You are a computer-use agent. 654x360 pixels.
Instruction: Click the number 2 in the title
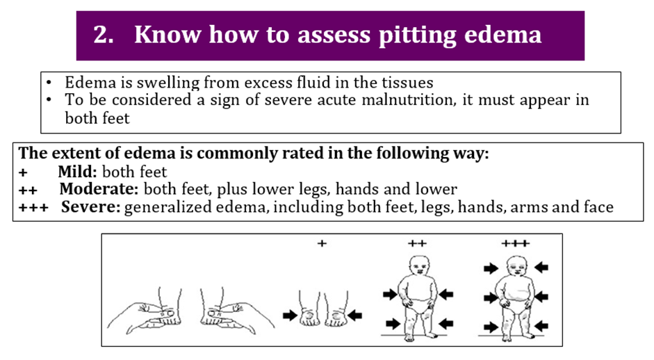tap(103, 35)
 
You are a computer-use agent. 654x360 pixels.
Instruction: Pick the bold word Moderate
tap(99, 189)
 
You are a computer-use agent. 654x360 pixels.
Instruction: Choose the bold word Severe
tap(91, 207)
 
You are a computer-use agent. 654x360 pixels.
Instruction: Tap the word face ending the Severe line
tap(598, 207)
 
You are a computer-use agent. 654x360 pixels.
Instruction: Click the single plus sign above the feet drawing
tap(322, 243)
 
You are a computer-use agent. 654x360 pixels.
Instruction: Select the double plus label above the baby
tap(417, 243)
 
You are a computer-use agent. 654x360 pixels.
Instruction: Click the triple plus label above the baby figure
tap(516, 243)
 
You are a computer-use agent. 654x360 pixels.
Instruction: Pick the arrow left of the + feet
tap(290, 315)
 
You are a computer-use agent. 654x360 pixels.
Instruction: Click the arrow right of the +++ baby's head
tap(541, 267)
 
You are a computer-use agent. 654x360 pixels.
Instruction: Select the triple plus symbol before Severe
tap(33, 208)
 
